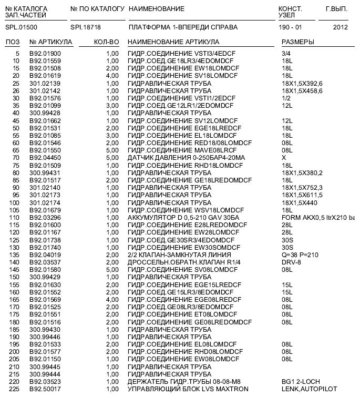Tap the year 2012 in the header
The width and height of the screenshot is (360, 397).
(340, 26)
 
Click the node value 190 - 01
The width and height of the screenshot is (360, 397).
(291, 26)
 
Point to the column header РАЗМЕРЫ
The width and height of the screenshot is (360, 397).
(298, 42)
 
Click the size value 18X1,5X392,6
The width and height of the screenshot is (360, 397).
(302, 84)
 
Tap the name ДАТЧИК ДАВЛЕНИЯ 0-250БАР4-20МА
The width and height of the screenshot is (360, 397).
(187, 158)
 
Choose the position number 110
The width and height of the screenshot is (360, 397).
(14, 217)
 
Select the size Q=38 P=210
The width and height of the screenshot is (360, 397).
(300, 255)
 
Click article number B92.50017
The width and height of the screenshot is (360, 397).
(45, 389)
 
